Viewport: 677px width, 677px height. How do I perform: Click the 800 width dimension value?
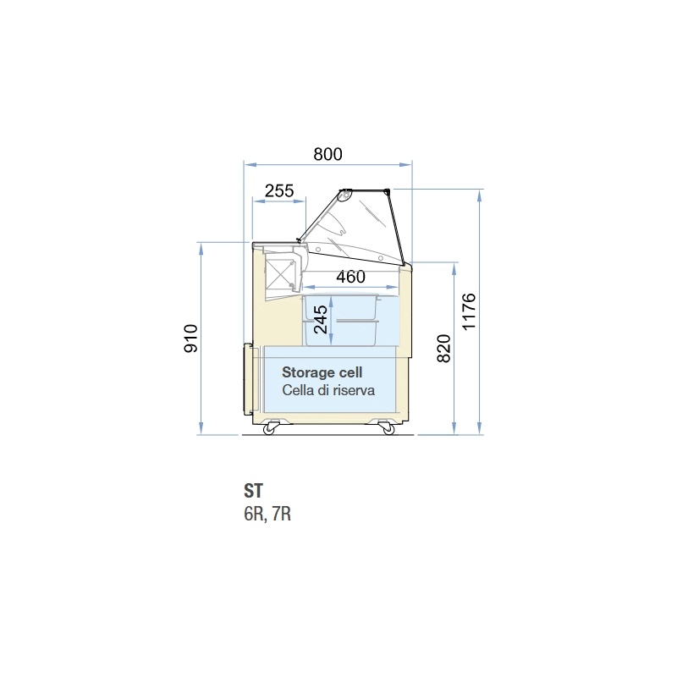pyautogui.click(x=327, y=154)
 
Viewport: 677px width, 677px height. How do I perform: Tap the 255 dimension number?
pyautogui.click(x=279, y=190)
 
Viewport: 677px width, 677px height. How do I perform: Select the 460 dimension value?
pyautogui.click(x=350, y=277)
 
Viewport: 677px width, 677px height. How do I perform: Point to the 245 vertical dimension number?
pyautogui.click(x=321, y=320)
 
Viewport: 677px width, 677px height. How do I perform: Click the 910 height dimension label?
pyautogui.click(x=191, y=338)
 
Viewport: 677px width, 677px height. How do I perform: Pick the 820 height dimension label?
pyautogui.click(x=443, y=349)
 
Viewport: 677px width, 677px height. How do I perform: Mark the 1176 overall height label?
pyautogui.click(x=469, y=311)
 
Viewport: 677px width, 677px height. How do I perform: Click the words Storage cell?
pyautogui.click(x=322, y=372)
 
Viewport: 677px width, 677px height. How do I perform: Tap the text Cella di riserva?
pyautogui.click(x=328, y=390)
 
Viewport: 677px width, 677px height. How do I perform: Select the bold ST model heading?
pyautogui.click(x=253, y=491)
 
